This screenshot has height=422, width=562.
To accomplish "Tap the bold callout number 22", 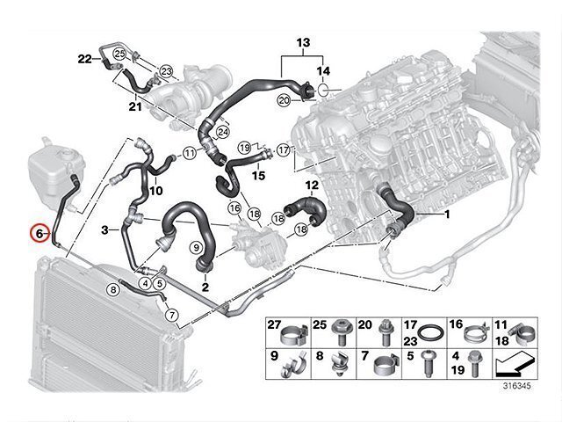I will click(84, 59).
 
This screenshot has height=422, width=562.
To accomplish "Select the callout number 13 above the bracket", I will click(303, 42).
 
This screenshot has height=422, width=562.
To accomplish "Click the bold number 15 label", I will click(259, 176).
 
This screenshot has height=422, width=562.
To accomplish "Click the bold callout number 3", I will click(104, 229).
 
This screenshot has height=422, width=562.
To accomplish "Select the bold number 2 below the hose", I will click(205, 287).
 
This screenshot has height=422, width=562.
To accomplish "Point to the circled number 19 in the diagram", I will click(245, 147).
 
